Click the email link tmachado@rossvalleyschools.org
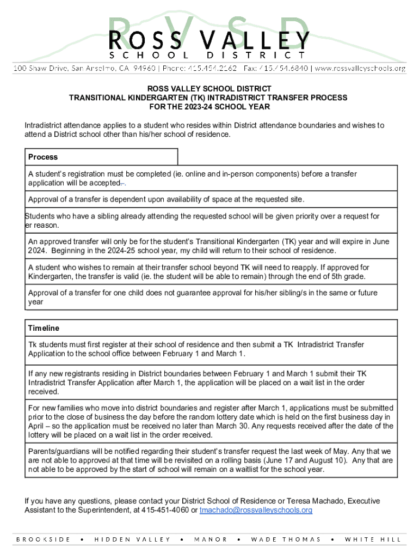(x=256, y=510)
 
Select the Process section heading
(x=43, y=157)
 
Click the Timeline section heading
(x=44, y=328)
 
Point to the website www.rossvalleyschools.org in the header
(x=360, y=68)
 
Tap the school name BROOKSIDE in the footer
(x=43, y=539)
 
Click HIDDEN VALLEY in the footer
(x=132, y=539)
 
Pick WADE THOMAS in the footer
(x=286, y=539)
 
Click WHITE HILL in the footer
(x=373, y=539)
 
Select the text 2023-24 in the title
(x=185, y=107)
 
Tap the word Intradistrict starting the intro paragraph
(x=45, y=125)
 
